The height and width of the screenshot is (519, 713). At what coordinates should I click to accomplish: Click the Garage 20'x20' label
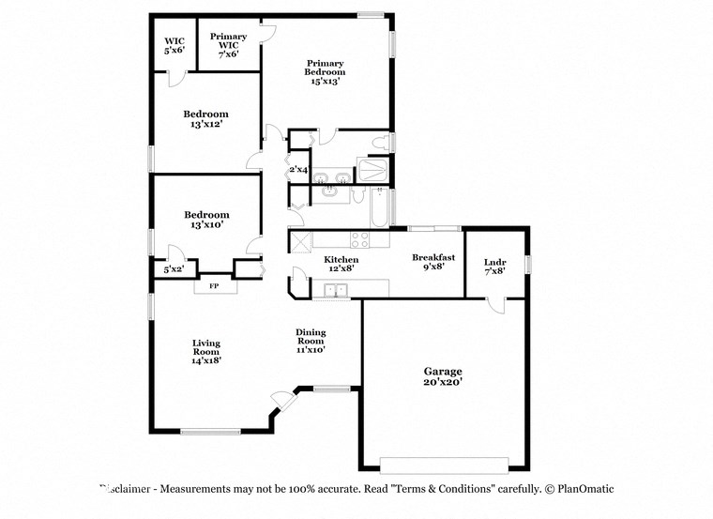pyautogui.click(x=443, y=376)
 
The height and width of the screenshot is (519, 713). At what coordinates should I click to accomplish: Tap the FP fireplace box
pyautogui.click(x=214, y=285)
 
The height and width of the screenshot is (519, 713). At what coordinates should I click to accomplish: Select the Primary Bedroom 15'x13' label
pyautogui.click(x=326, y=72)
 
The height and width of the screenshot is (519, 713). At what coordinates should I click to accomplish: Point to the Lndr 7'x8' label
pyautogui.click(x=495, y=267)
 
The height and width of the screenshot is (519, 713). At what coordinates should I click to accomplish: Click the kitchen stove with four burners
pyautogui.click(x=361, y=238)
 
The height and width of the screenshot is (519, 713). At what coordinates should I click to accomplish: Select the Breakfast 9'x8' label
pyautogui.click(x=434, y=262)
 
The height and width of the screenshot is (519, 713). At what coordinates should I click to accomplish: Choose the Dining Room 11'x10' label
pyautogui.click(x=311, y=341)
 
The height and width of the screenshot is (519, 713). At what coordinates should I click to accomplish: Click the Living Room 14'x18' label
pyautogui.click(x=206, y=351)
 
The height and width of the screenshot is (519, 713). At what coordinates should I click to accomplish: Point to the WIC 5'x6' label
pyautogui.click(x=174, y=45)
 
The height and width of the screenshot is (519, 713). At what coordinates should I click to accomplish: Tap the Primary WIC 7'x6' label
pyautogui.click(x=228, y=45)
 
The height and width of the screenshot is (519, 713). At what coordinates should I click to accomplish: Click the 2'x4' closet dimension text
pyautogui.click(x=298, y=169)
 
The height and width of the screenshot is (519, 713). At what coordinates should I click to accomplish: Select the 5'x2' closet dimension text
pyautogui.click(x=174, y=270)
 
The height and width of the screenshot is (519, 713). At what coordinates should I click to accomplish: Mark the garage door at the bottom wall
pyautogui.click(x=444, y=464)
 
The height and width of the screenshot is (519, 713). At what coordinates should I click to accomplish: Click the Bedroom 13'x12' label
pyautogui.click(x=205, y=118)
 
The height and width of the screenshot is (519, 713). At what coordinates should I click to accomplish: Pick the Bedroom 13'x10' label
pyautogui.click(x=205, y=220)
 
